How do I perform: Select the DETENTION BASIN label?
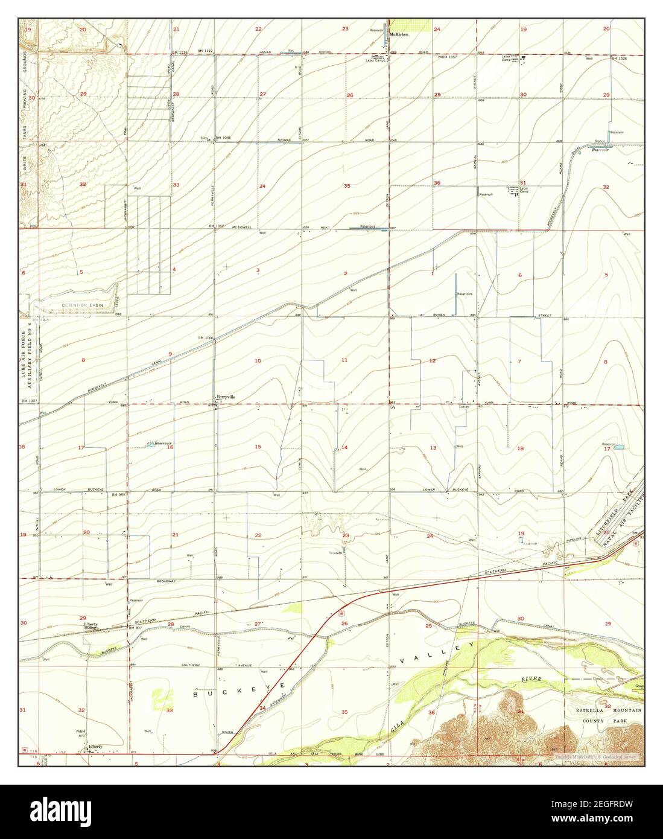(x=83, y=306)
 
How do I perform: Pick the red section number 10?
(x=258, y=360)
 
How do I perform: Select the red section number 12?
(x=432, y=360)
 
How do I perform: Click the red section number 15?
(x=258, y=447)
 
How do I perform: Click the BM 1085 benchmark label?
(x=224, y=138)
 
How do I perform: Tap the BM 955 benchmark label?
(x=119, y=494)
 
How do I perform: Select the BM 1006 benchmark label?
(x=206, y=337)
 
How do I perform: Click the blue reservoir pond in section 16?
(x=150, y=445)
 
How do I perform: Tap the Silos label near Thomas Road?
(x=205, y=138)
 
